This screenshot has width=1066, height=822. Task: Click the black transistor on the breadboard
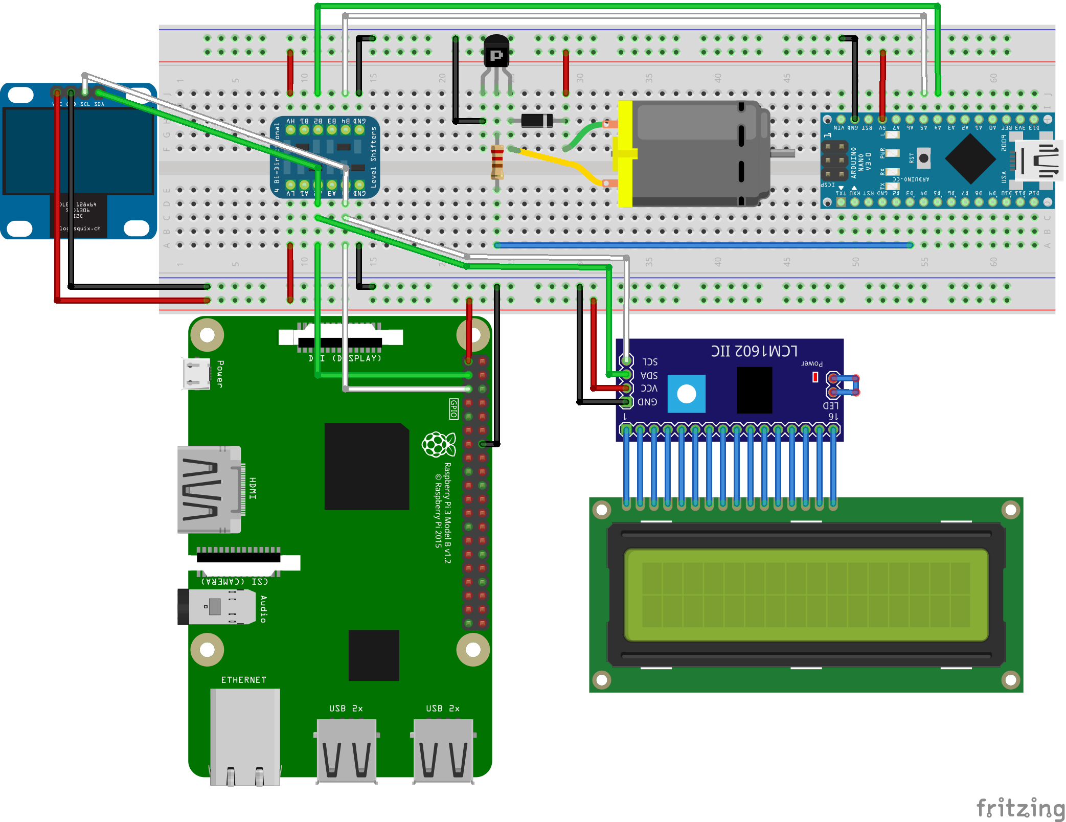pos(496,51)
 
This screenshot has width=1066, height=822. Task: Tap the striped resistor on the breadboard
pos(497,162)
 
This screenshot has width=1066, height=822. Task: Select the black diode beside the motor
pos(537,121)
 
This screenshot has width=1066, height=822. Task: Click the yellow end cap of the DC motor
pos(625,153)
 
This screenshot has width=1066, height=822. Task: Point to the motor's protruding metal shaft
pos(782,153)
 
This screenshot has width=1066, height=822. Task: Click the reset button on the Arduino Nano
pos(923,158)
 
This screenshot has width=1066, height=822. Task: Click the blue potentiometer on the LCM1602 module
pos(686,394)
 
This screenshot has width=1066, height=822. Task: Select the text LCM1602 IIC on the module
pos(754,351)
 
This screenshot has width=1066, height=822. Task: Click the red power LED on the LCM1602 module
pos(815,377)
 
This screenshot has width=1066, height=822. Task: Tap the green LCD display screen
pos(806,595)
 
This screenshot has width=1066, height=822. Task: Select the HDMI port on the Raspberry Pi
pos(209,489)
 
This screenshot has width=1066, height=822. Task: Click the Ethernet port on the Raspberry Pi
pos(245,736)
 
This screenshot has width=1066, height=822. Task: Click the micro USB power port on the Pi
pos(196,374)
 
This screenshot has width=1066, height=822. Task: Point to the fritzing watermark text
pos(1020,808)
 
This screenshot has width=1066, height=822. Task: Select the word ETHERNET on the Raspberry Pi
pos(243,680)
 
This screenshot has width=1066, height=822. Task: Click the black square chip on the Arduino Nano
pos(970,159)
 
